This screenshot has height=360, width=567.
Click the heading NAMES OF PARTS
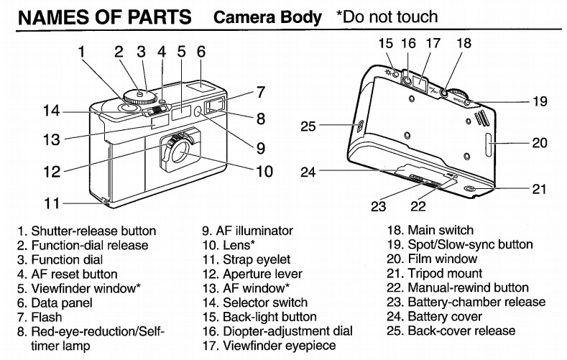tap(105, 17)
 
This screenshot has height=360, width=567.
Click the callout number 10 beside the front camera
tap(264, 171)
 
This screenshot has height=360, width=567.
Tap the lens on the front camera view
tap(180, 152)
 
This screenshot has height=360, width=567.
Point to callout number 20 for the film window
tap(540, 143)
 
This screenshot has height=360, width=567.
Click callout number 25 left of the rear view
tap(308, 126)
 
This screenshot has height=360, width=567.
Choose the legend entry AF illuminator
tap(247, 231)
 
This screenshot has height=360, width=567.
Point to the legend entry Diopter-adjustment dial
tap(277, 331)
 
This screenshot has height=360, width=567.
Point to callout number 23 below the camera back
tap(379, 206)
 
